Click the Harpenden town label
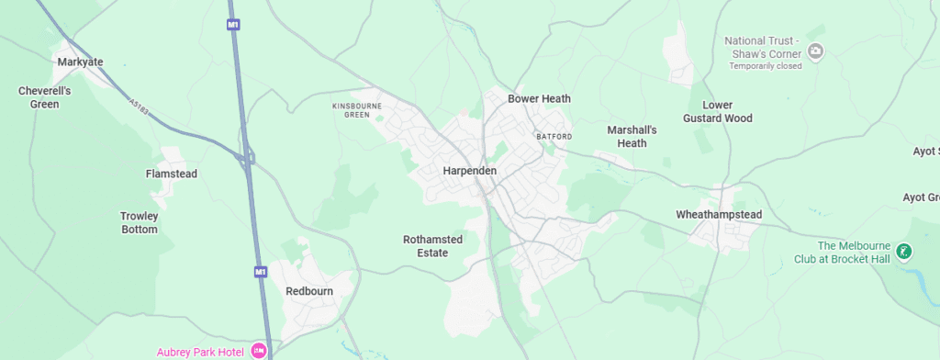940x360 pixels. point(469,172)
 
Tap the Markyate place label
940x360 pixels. point(80,62)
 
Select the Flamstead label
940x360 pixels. point(172,174)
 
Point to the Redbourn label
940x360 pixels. point(308,291)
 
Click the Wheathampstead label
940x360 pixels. point(719,215)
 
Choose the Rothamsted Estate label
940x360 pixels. point(438,246)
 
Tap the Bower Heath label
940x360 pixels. point(540,98)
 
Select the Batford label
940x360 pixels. point(554,137)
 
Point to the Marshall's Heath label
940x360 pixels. point(632,136)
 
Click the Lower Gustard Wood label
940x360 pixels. point(717,112)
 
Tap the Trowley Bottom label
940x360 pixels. point(140,223)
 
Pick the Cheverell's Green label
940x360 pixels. point(39,97)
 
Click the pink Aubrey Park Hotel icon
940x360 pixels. point(259,351)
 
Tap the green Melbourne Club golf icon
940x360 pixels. point(904,251)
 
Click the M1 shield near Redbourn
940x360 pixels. point(260,272)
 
